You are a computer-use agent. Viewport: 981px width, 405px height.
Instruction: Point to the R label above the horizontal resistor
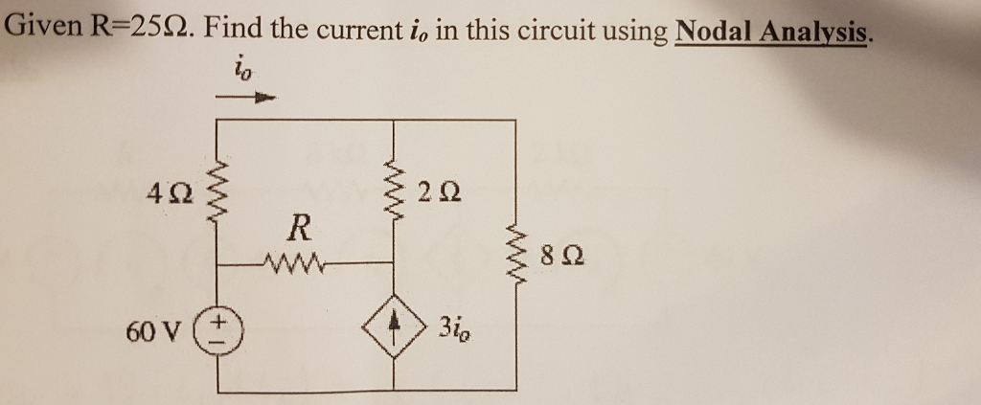coord(299,229)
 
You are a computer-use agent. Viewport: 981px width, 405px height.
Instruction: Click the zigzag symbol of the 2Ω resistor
coord(394,191)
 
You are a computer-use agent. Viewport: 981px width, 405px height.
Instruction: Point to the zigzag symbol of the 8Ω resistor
coord(516,253)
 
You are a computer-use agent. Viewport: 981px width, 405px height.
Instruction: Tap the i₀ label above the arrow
coord(243,70)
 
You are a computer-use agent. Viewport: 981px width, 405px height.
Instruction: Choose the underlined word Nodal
coord(715,32)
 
